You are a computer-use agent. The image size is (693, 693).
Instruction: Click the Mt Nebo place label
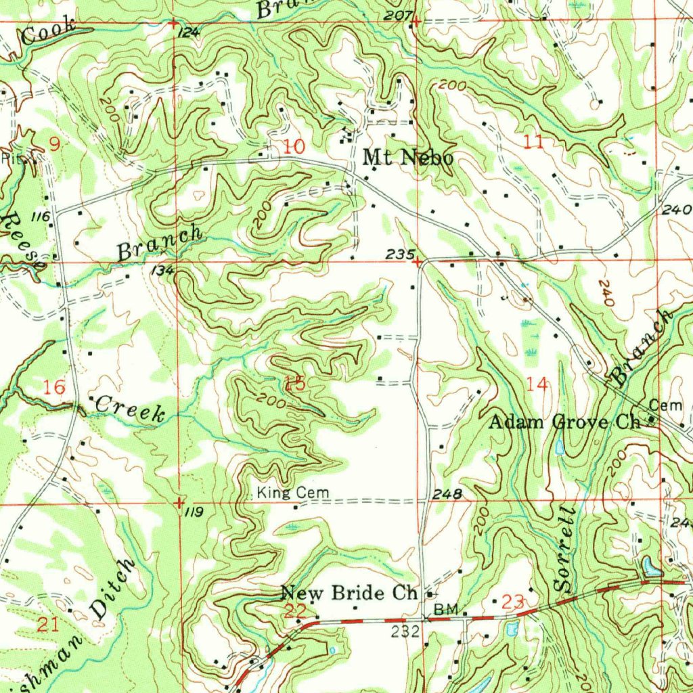click(407, 158)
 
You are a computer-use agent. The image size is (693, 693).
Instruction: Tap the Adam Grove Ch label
click(564, 423)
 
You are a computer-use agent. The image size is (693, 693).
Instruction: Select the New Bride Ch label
click(349, 594)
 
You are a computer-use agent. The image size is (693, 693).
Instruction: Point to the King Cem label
click(293, 494)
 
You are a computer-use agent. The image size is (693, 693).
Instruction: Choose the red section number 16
click(54, 387)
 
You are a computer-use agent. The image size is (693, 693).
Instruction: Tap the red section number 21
click(47, 624)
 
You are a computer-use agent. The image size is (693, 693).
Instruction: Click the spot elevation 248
click(448, 495)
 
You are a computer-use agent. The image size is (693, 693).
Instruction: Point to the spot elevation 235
click(399, 254)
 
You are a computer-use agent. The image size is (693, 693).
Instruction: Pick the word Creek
click(130, 409)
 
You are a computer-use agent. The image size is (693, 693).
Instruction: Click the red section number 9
click(54, 143)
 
